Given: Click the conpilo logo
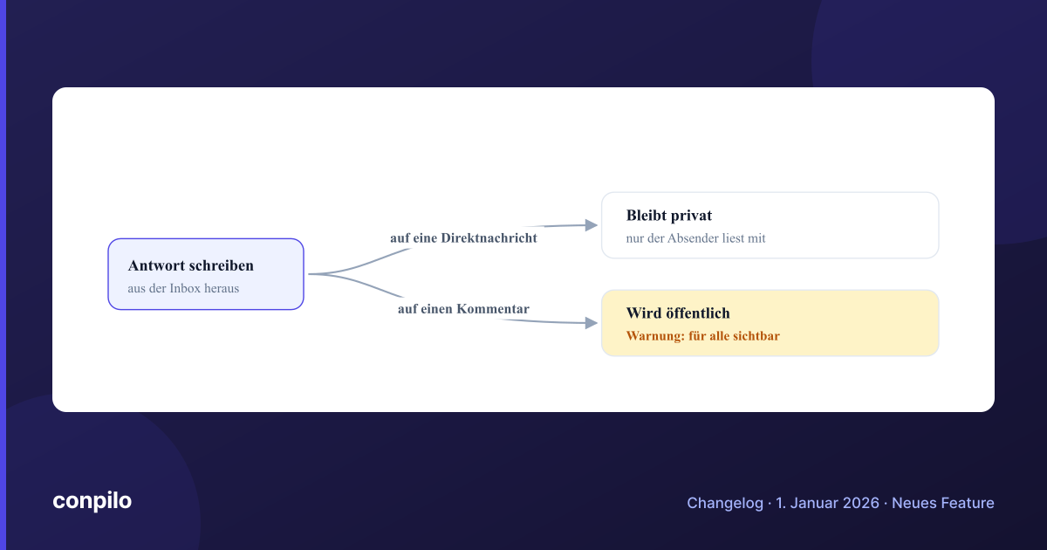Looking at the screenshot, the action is [x=92, y=501].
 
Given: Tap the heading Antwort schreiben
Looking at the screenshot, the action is [x=191, y=265].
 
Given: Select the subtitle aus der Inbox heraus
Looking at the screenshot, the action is [x=183, y=288].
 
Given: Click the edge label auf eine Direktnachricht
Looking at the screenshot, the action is [x=463, y=238].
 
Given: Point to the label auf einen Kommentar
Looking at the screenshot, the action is [x=463, y=309].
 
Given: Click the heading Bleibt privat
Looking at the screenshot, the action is [x=669, y=215].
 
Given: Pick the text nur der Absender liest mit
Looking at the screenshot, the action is [x=695, y=238].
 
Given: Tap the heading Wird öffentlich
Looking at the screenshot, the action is [x=678, y=313].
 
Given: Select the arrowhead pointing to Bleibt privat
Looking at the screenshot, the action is [x=592, y=225].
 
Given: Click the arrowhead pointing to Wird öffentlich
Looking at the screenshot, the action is [x=592, y=323].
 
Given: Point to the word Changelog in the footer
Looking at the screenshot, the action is [x=725, y=503].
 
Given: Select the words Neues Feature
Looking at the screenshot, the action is [x=943, y=503].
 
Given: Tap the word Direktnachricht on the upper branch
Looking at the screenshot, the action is [x=489, y=238].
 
